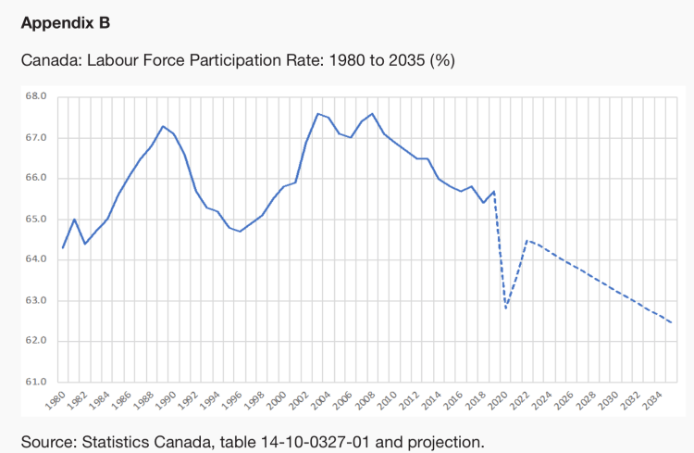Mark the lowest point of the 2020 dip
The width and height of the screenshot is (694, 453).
(505, 308)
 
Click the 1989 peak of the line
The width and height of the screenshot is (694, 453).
(162, 126)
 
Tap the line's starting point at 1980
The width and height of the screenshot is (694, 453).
(63, 247)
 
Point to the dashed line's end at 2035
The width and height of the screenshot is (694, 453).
(671, 322)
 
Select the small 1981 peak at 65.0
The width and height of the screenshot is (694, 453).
(74, 219)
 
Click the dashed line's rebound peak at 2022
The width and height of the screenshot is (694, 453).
(527, 240)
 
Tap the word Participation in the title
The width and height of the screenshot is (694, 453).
(239, 60)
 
